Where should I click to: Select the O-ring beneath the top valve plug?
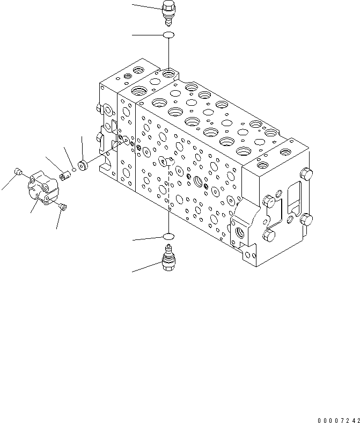point(168,35)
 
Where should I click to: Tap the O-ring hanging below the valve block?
point(168,236)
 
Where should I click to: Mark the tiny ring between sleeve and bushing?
point(74,170)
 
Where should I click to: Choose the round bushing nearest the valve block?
point(83,164)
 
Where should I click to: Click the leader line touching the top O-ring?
point(147,35)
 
